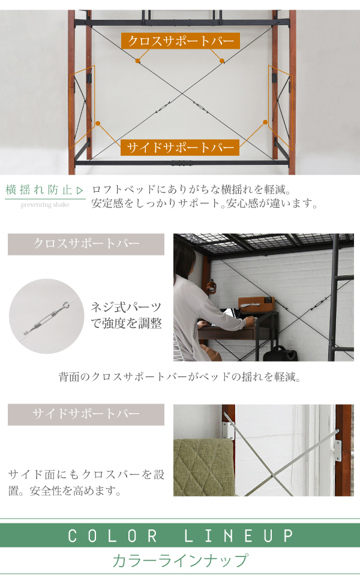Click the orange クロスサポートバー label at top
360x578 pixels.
(181, 41)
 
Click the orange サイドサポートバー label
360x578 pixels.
(180, 147)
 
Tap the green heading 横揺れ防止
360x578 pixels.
(39, 190)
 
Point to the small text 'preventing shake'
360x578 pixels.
(45, 204)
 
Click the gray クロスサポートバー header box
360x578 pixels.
(86, 244)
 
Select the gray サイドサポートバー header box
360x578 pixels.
(86, 414)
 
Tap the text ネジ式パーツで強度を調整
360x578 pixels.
(126, 315)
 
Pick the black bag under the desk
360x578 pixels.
(280, 353)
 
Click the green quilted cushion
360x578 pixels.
(204, 467)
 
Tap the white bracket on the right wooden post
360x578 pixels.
(338, 450)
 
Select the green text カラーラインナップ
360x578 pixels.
(181, 561)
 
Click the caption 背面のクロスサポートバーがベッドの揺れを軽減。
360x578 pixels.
(180, 377)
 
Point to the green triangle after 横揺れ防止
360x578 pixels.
(80, 191)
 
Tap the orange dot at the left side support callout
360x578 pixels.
(98, 124)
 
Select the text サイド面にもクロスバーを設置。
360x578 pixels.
(86, 483)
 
